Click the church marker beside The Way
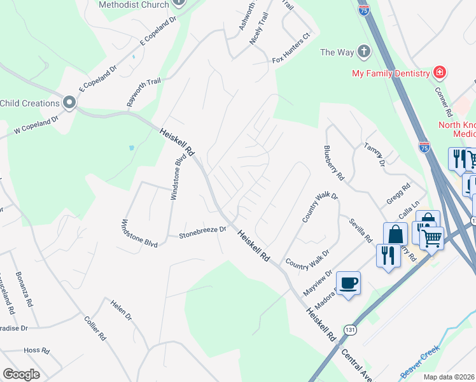click(364, 52)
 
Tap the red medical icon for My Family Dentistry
click(439, 73)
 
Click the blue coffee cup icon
click(348, 283)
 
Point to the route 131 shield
click(349, 330)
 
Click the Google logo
click(21, 374)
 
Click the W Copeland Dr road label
click(37, 125)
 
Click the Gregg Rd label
click(398, 194)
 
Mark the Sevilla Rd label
click(360, 230)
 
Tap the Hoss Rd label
click(36, 351)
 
